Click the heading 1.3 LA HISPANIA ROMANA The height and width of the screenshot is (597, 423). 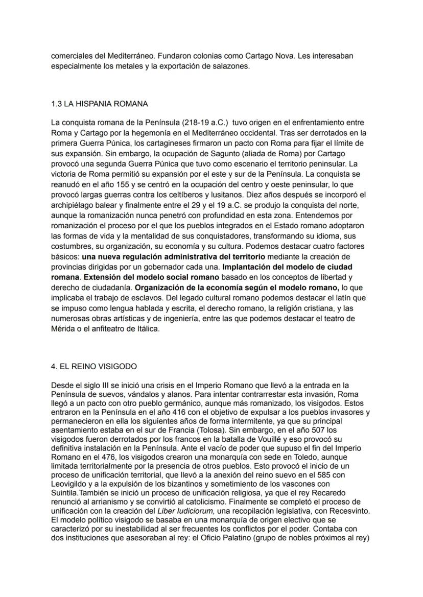[100, 104]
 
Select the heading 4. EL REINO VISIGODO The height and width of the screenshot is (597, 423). [94, 367]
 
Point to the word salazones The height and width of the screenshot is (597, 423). [233, 65]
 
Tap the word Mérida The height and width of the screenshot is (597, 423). [63, 329]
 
